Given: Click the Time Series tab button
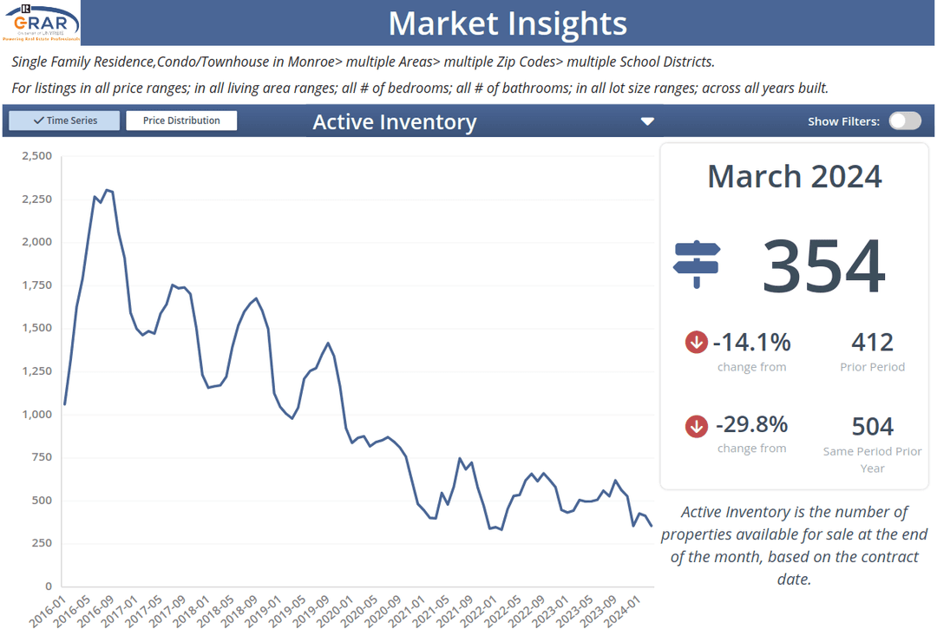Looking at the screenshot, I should (64, 121).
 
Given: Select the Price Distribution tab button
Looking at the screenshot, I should (181, 121).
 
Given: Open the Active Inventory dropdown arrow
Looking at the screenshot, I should (647, 121).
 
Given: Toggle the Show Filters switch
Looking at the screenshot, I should (904, 121).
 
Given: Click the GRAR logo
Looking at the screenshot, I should (42, 23).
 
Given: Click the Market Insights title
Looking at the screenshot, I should (508, 23).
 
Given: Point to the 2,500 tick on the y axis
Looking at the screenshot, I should (36, 156).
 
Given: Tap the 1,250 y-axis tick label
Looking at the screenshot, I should (36, 371).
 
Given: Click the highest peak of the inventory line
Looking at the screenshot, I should (107, 190).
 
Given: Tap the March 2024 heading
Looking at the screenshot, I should (794, 176).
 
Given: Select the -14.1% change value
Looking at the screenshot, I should (751, 342).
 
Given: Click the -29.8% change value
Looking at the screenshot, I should (751, 424).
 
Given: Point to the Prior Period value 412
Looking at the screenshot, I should (872, 342).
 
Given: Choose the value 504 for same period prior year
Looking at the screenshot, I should (872, 426).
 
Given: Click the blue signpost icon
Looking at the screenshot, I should (697, 263).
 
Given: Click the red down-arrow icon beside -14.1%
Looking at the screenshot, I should (696, 342).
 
